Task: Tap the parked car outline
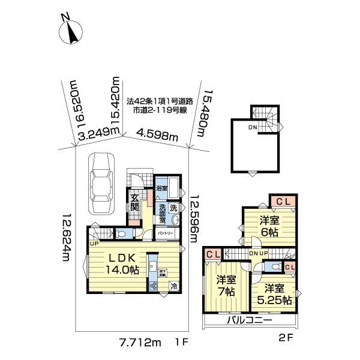[x=101, y=183]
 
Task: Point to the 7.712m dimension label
[x=140, y=343]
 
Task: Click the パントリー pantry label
[x=166, y=233]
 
